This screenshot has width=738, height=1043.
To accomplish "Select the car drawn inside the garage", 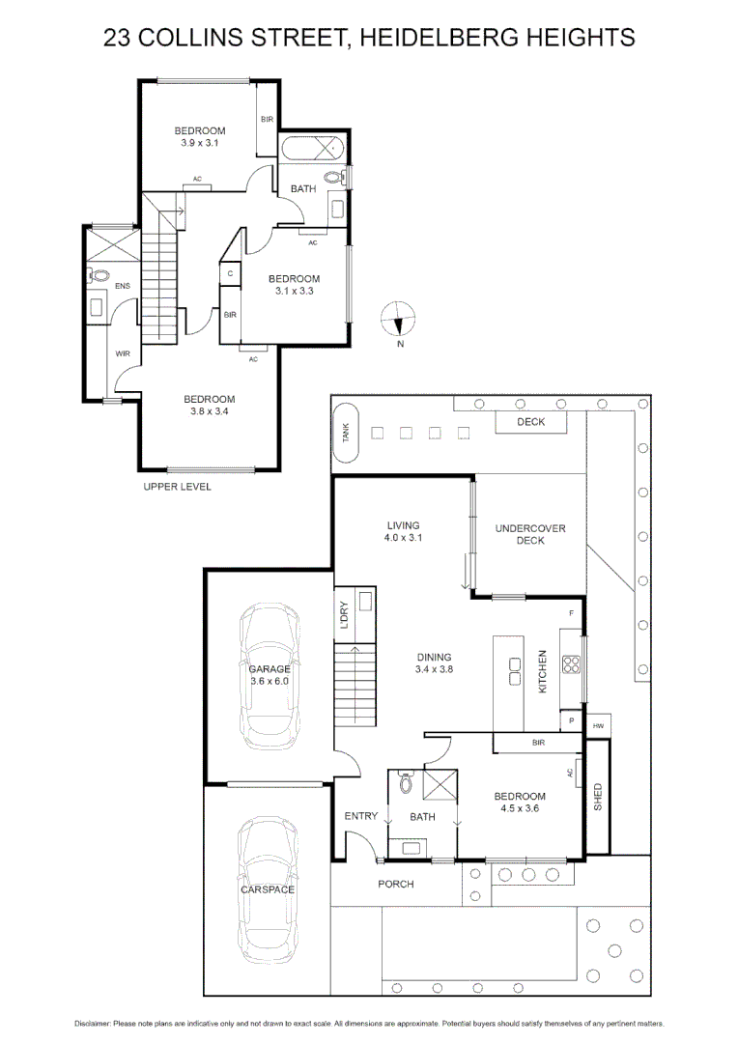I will [270, 675].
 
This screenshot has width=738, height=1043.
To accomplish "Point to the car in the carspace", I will [269, 888].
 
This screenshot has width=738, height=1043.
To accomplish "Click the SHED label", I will [598, 797].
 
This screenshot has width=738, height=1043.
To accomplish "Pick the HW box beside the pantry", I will [598, 725].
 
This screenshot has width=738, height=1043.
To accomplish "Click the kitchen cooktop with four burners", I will [571, 663].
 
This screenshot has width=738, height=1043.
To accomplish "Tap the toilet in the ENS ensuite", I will [99, 275].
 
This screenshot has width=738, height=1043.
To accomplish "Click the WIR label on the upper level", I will [123, 354].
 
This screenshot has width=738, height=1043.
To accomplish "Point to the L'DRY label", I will [344, 616].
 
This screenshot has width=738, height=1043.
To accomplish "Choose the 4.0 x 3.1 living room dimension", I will [403, 538].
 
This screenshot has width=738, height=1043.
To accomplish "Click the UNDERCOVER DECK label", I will [530, 534].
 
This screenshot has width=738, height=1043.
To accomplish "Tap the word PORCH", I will [395, 884].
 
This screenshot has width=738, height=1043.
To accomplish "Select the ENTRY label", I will [361, 817].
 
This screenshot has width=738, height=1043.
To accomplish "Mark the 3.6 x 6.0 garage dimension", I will [270, 681].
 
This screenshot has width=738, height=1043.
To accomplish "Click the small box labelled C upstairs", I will [230, 273].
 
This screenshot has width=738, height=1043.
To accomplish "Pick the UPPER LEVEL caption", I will [177, 487].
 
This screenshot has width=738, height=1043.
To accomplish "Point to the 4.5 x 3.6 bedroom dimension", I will [520, 808].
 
